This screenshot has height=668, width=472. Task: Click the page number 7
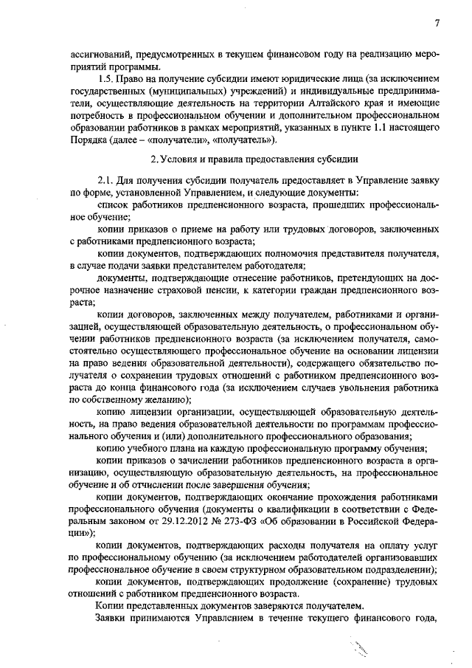(x=437, y=24)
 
